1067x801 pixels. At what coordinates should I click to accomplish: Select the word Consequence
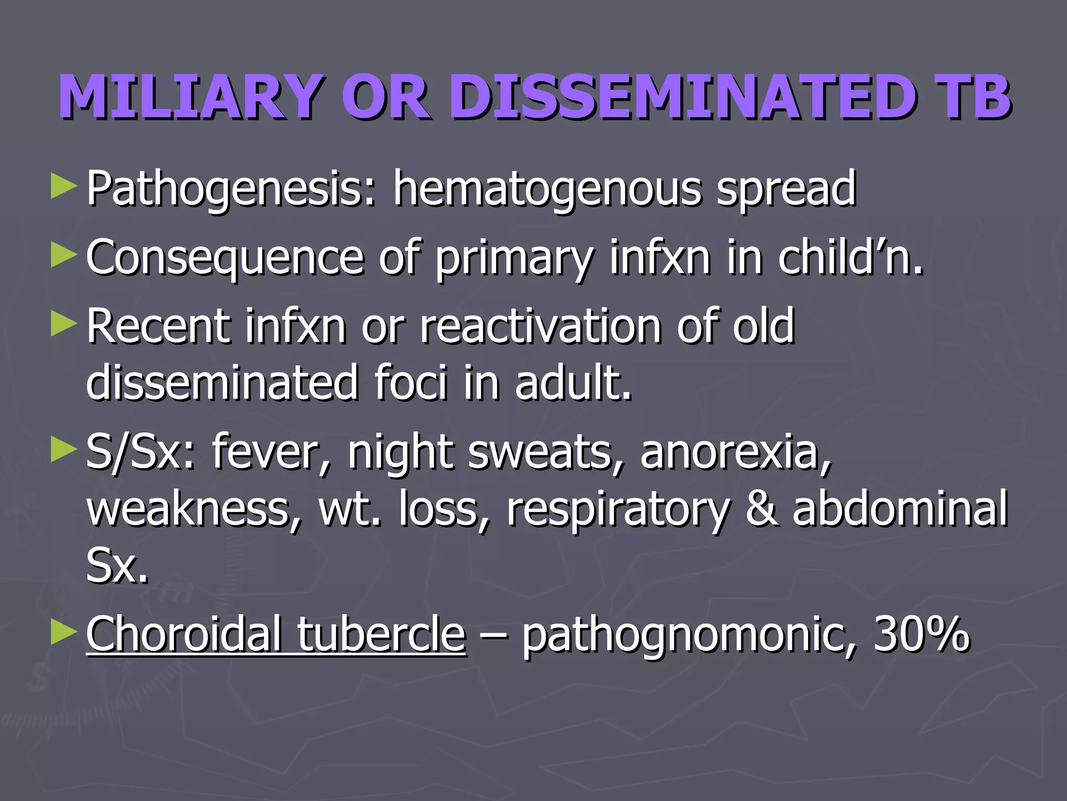[x=225, y=257]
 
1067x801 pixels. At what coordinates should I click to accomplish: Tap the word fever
[x=271, y=452]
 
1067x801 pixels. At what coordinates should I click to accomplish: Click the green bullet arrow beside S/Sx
[x=64, y=450]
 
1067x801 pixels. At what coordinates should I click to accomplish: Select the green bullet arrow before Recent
[x=64, y=324]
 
